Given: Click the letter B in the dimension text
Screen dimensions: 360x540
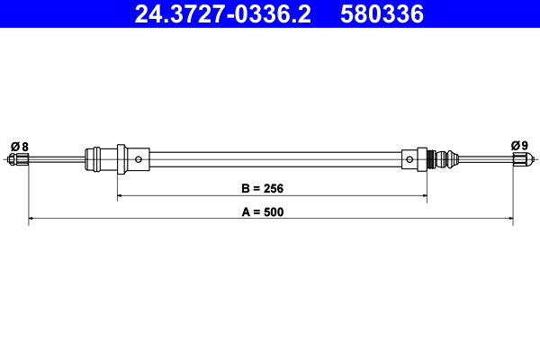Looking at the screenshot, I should click(x=246, y=189).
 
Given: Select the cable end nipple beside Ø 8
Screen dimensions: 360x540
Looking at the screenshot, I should click(x=19, y=160).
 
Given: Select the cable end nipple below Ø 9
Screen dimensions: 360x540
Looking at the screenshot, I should click(x=519, y=160).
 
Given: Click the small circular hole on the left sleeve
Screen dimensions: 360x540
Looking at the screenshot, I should click(x=139, y=160).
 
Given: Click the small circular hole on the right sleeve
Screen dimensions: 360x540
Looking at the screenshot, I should click(x=410, y=160).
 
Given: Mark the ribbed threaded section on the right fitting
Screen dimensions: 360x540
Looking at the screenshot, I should click(x=439, y=160).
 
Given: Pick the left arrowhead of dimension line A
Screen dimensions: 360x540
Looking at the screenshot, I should click(x=31, y=218).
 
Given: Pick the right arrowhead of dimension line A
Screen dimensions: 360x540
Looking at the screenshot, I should click(x=509, y=218).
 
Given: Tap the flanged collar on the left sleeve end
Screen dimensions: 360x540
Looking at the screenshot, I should click(x=91, y=160).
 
